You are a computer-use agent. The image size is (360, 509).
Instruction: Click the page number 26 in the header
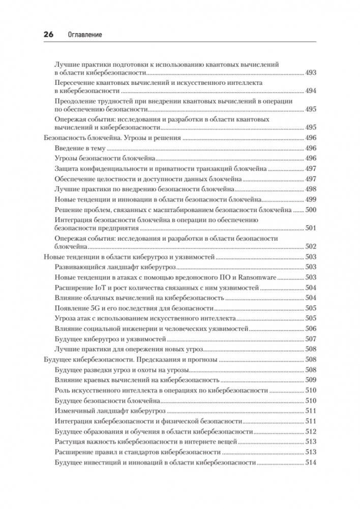pyautogui.click(x=49, y=34)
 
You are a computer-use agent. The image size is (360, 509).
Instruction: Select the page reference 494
pyautogui.click(x=310, y=91)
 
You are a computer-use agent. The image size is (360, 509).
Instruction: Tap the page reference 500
pyautogui.click(x=310, y=209)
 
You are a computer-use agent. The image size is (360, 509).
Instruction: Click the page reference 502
pyautogui.click(x=310, y=246)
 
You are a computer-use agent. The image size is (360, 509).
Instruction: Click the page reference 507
pyautogui.click(x=310, y=339)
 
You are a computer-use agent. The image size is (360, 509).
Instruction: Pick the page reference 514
pyautogui.click(x=310, y=463)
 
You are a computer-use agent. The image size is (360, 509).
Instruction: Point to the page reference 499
pyautogui.click(x=310, y=199)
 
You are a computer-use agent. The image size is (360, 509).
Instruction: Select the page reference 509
pyautogui.click(x=310, y=380)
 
